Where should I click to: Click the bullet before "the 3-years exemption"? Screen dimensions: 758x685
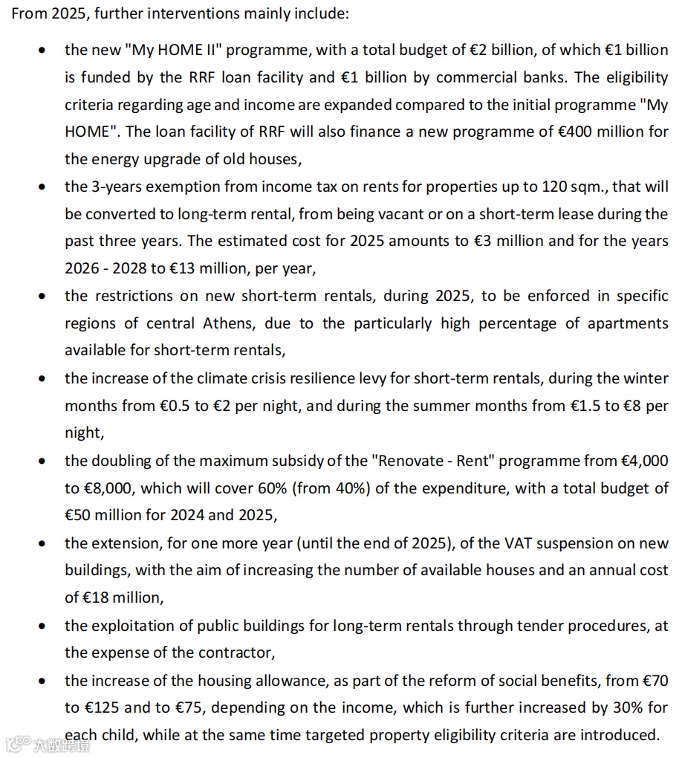[x=45, y=187]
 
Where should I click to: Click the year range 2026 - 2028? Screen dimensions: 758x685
[x=98, y=268]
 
